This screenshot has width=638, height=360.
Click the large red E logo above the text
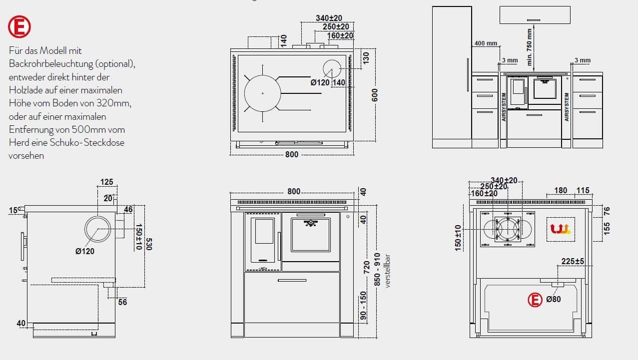tap(19, 27)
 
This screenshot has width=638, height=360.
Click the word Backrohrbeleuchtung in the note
tap(51, 64)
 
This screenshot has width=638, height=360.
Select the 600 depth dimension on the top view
tap(375, 95)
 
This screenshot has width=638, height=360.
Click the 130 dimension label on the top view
tap(366, 58)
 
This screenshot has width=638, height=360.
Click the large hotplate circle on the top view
tap(262, 93)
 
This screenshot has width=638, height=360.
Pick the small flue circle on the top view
tap(332, 68)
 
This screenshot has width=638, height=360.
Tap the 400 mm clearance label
tap(486, 43)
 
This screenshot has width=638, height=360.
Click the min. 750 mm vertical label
tap(529, 47)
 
